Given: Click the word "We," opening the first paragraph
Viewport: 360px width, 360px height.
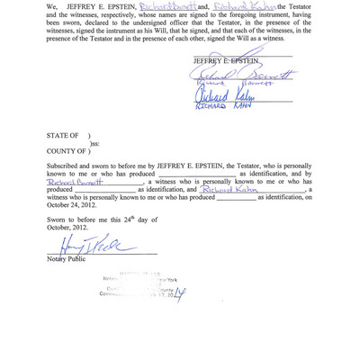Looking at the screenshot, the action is (53, 8).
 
